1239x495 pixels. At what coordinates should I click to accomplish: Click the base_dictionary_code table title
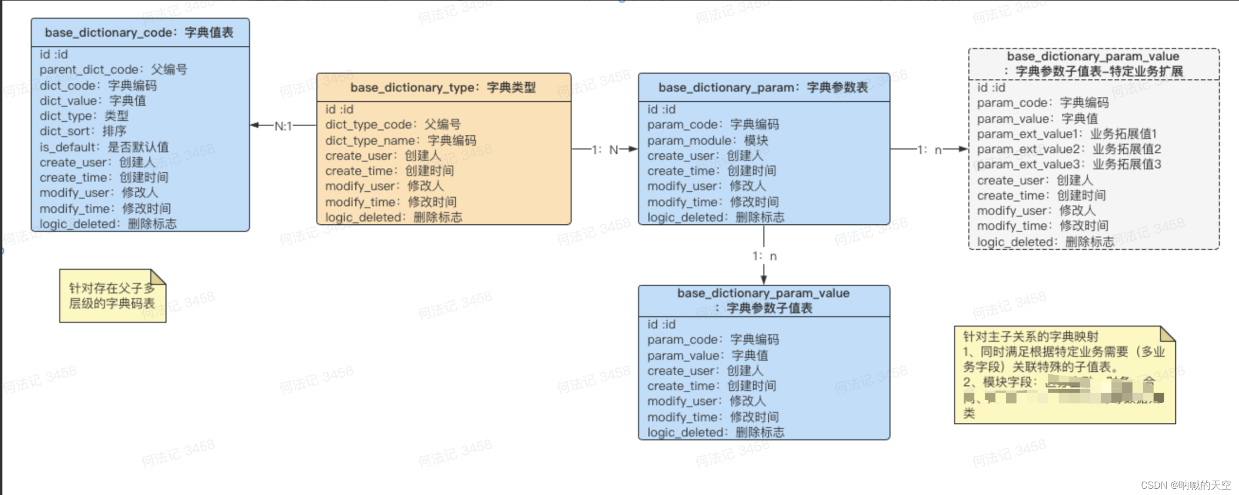[x=139, y=33]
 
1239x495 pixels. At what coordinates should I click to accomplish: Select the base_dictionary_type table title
[x=443, y=87]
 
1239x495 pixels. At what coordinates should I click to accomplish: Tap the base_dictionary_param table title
[x=763, y=87]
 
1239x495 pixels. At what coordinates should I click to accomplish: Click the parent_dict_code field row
[x=113, y=70]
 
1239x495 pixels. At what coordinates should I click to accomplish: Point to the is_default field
[x=104, y=147]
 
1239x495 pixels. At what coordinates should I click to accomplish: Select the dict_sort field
[x=83, y=131]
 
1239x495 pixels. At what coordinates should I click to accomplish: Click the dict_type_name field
[x=400, y=141]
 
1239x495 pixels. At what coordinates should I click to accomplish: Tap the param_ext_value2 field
[x=1069, y=149]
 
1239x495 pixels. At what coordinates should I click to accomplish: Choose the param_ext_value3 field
[x=1069, y=164]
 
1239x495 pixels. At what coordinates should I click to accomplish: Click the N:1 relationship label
[x=283, y=126]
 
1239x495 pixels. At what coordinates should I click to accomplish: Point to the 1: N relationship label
[x=604, y=150]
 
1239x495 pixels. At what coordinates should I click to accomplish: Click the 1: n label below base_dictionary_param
[x=764, y=256]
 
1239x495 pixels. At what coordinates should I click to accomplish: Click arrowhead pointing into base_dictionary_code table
[x=255, y=125]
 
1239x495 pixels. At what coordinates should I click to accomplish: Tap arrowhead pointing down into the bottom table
[x=763, y=280]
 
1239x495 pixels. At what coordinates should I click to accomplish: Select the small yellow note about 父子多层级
[x=112, y=296]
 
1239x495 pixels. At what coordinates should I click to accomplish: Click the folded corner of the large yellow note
[x=1167, y=334]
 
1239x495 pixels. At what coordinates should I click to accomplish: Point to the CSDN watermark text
[x=1186, y=485]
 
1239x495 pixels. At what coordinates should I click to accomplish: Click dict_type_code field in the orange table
[x=393, y=125]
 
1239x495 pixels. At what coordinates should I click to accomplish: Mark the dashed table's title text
[x=1093, y=64]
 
